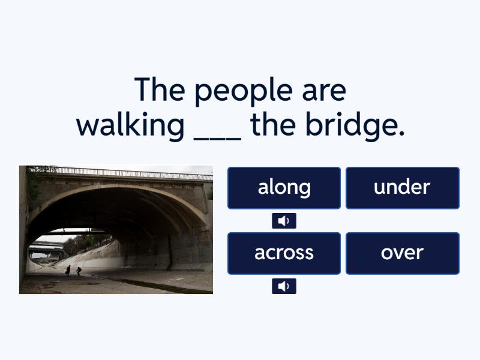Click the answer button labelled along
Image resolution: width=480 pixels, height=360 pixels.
pos(284,188)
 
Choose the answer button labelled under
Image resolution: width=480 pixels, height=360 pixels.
pos(402,188)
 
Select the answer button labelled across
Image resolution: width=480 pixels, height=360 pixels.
pos(284,253)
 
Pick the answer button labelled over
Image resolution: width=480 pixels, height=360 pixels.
pos(402,253)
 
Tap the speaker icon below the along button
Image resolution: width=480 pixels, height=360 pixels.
pos(284,221)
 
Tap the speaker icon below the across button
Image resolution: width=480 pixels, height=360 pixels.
pos(284,286)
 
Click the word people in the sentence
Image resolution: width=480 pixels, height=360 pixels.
pos(244,91)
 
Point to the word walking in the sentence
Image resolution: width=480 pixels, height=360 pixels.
pos(130,126)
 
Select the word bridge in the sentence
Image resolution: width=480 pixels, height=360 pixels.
pos(355,126)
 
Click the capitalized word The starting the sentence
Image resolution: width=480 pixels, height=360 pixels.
pos(160,89)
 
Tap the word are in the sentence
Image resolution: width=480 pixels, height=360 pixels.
pos(324,92)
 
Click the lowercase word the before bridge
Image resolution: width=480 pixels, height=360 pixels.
pos(274,124)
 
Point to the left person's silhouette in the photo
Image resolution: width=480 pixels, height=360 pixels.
pos(68,271)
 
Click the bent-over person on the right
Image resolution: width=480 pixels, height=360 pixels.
pos(79,271)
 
